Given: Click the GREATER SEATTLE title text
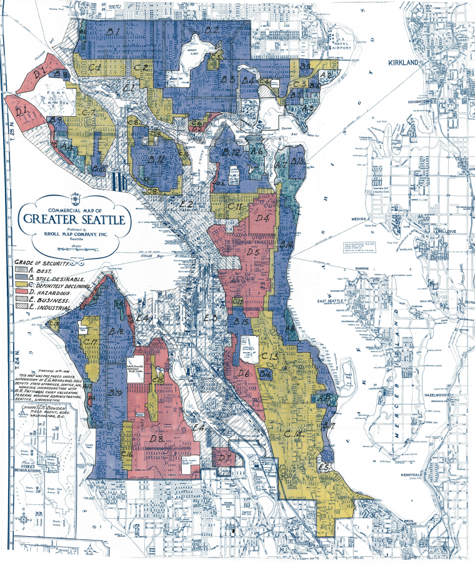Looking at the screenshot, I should point(74,219).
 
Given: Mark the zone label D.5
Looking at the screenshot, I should point(253,252).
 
